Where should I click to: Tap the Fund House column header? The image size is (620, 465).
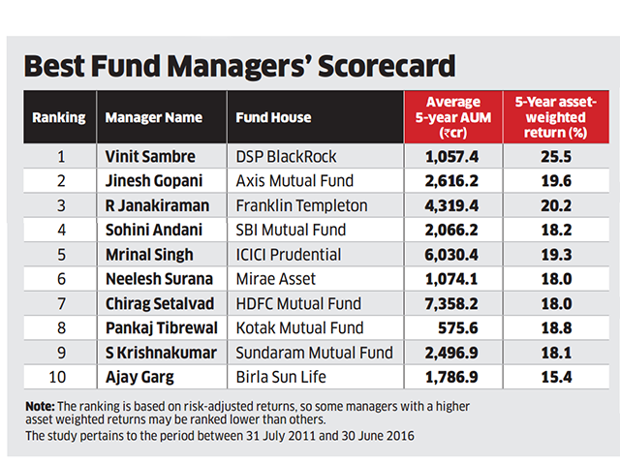point(274,118)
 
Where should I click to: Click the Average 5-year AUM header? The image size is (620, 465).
point(452,117)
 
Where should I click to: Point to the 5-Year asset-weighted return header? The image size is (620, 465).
point(553,117)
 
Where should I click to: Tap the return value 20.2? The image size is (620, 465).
point(553,205)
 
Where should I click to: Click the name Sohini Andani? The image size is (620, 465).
point(152,230)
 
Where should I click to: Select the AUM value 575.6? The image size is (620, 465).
point(460,329)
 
